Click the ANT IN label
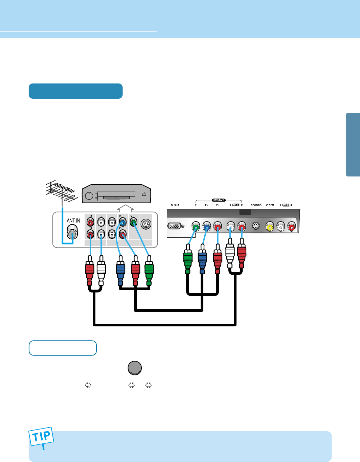pos(73,221)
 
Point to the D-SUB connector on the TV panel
pos(175,226)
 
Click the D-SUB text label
pos(175,205)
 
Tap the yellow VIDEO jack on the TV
pos(270,227)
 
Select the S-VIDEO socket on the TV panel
pos(256,226)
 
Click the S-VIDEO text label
pos(256,205)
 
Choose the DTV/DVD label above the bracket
pos(219,200)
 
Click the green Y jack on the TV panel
pos(196,226)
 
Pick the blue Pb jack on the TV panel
pos(206,226)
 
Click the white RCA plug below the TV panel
pos(230,254)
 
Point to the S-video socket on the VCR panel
pos(146,224)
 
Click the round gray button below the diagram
pos(135,368)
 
